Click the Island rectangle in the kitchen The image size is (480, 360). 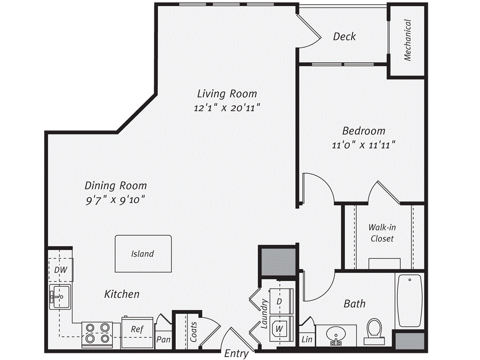(x=142, y=254)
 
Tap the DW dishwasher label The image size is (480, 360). (x=60, y=270)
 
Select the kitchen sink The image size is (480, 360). (x=60, y=297)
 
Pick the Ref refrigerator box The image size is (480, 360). (x=136, y=330)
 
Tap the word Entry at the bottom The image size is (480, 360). (x=236, y=353)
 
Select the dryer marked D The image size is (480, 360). (x=280, y=301)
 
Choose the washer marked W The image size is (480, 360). (x=280, y=329)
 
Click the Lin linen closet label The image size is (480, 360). (x=307, y=339)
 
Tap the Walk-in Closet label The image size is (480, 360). (x=382, y=233)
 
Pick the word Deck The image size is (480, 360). (x=344, y=37)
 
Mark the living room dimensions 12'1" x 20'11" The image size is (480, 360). (x=227, y=108)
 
